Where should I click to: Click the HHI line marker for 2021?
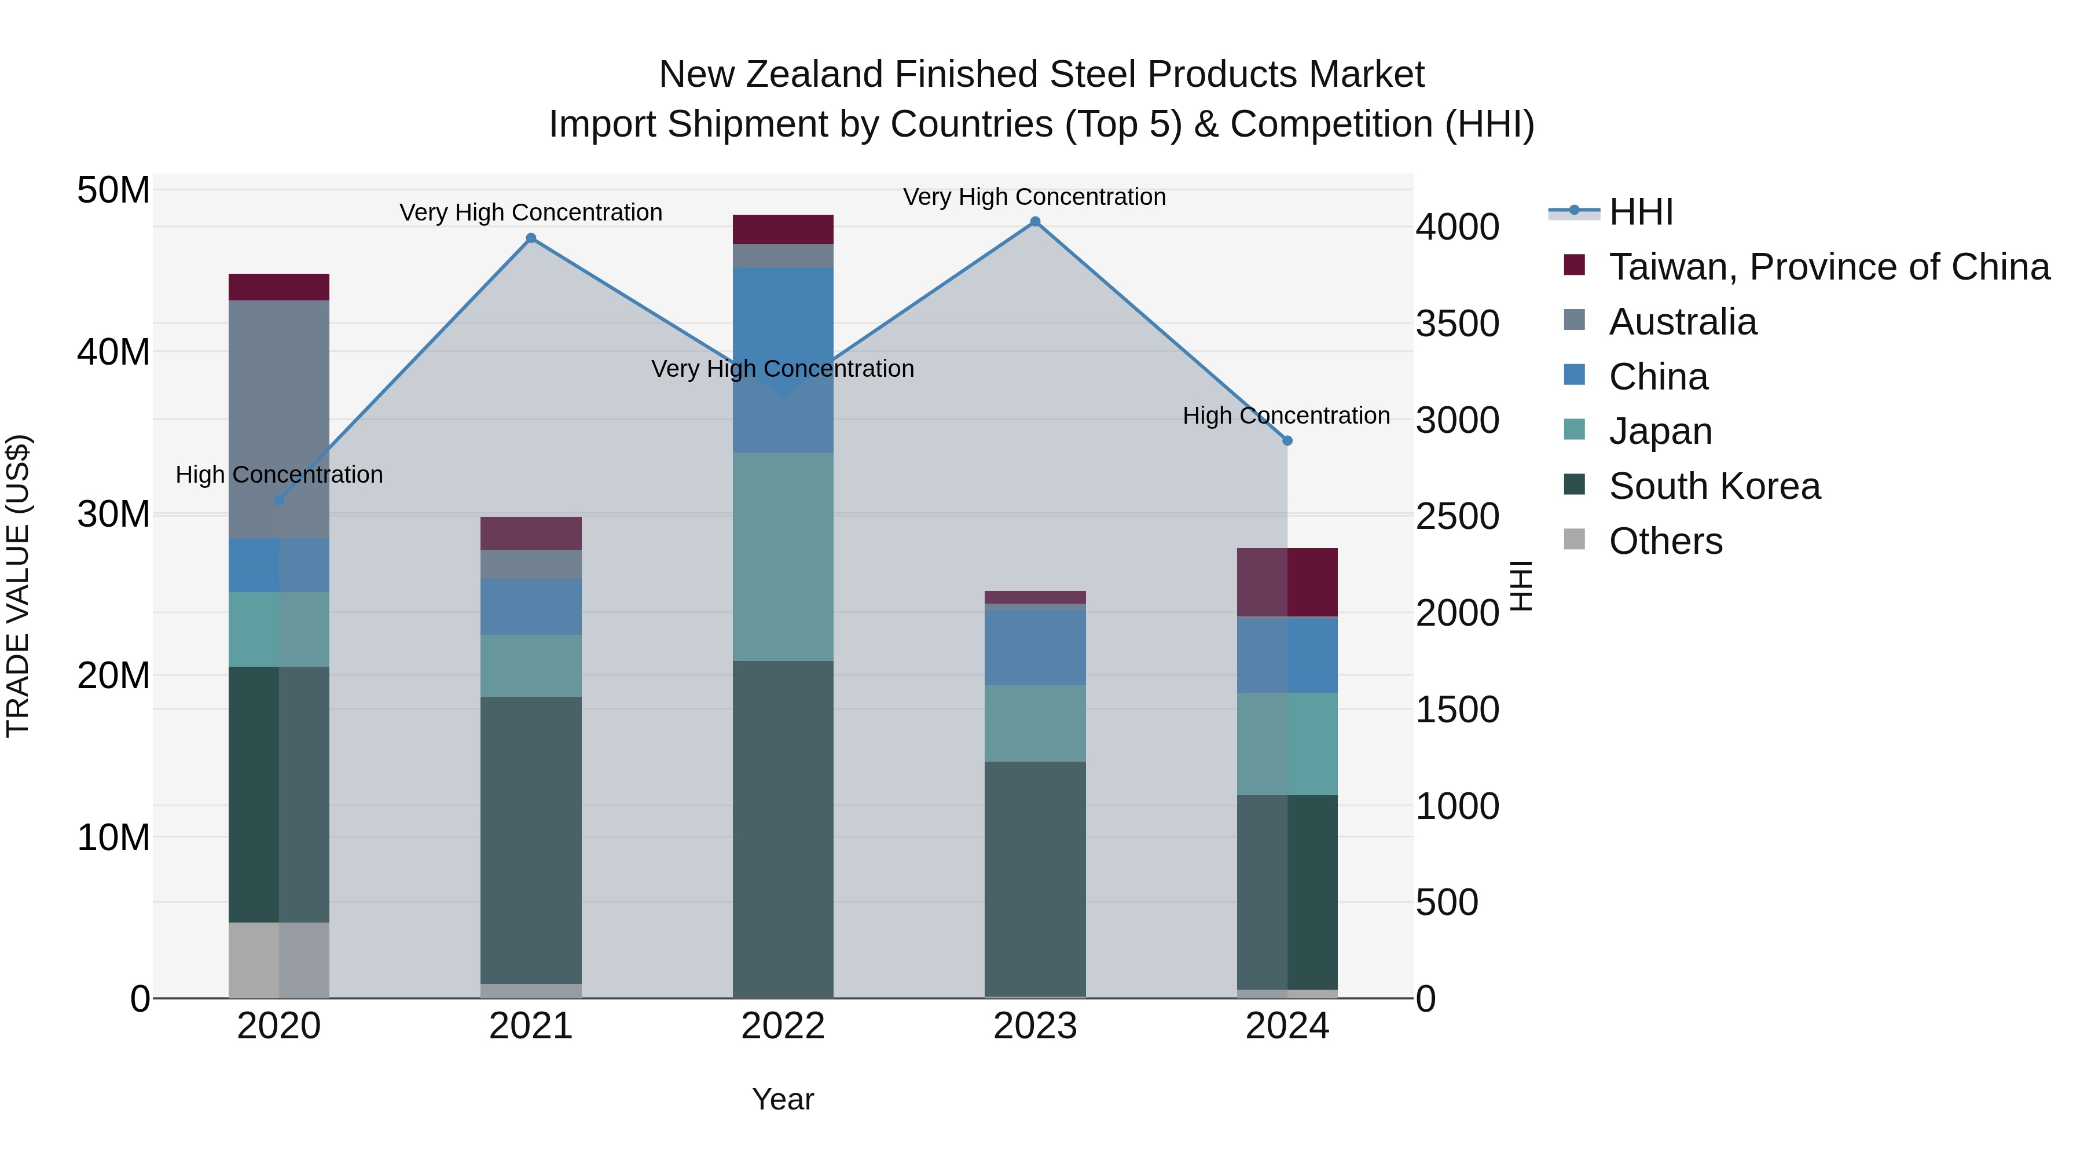pyautogui.click(x=531, y=238)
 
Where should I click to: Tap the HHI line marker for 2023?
pyautogui.click(x=1034, y=222)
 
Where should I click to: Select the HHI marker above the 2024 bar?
pyautogui.click(x=1287, y=441)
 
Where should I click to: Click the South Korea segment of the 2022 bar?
pyautogui.click(x=782, y=829)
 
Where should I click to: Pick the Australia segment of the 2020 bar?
pyautogui.click(x=279, y=419)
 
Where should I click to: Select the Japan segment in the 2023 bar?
pyautogui.click(x=1034, y=723)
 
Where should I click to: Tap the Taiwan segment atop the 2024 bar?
pyautogui.click(x=1287, y=582)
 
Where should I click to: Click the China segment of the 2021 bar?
pyautogui.click(x=531, y=606)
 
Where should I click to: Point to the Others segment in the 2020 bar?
pyautogui.click(x=279, y=960)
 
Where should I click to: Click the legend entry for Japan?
pyautogui.click(x=1660, y=431)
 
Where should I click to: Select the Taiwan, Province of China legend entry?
pyautogui.click(x=1828, y=267)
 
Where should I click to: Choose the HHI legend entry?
pyautogui.click(x=1640, y=212)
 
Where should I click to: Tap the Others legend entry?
pyautogui.click(x=1665, y=541)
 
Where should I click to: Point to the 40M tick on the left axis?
pyautogui.click(x=113, y=352)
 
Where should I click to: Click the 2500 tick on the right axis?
pyautogui.click(x=1457, y=517)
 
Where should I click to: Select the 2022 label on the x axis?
pyautogui.click(x=782, y=1026)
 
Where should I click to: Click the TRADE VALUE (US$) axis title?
pyautogui.click(x=18, y=586)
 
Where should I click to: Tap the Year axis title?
pyautogui.click(x=782, y=1099)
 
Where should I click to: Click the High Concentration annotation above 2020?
pyautogui.click(x=279, y=475)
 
